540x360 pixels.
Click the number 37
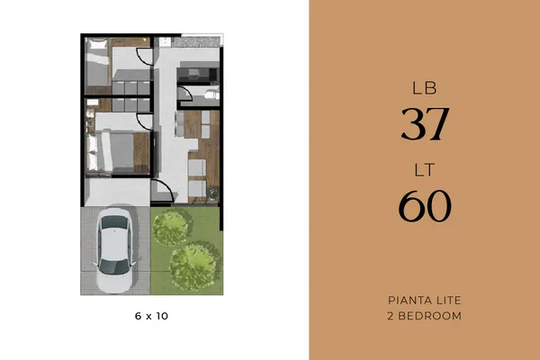click(x=426, y=123)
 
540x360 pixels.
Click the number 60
click(x=425, y=206)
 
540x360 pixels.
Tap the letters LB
click(x=425, y=88)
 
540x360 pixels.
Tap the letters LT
click(x=425, y=170)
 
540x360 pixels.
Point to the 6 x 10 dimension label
click(x=151, y=316)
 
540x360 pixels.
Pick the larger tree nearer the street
click(x=193, y=266)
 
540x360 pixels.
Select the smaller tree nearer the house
click(x=171, y=228)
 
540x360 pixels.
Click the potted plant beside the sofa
click(x=212, y=194)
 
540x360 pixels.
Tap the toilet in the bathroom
click(x=211, y=94)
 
